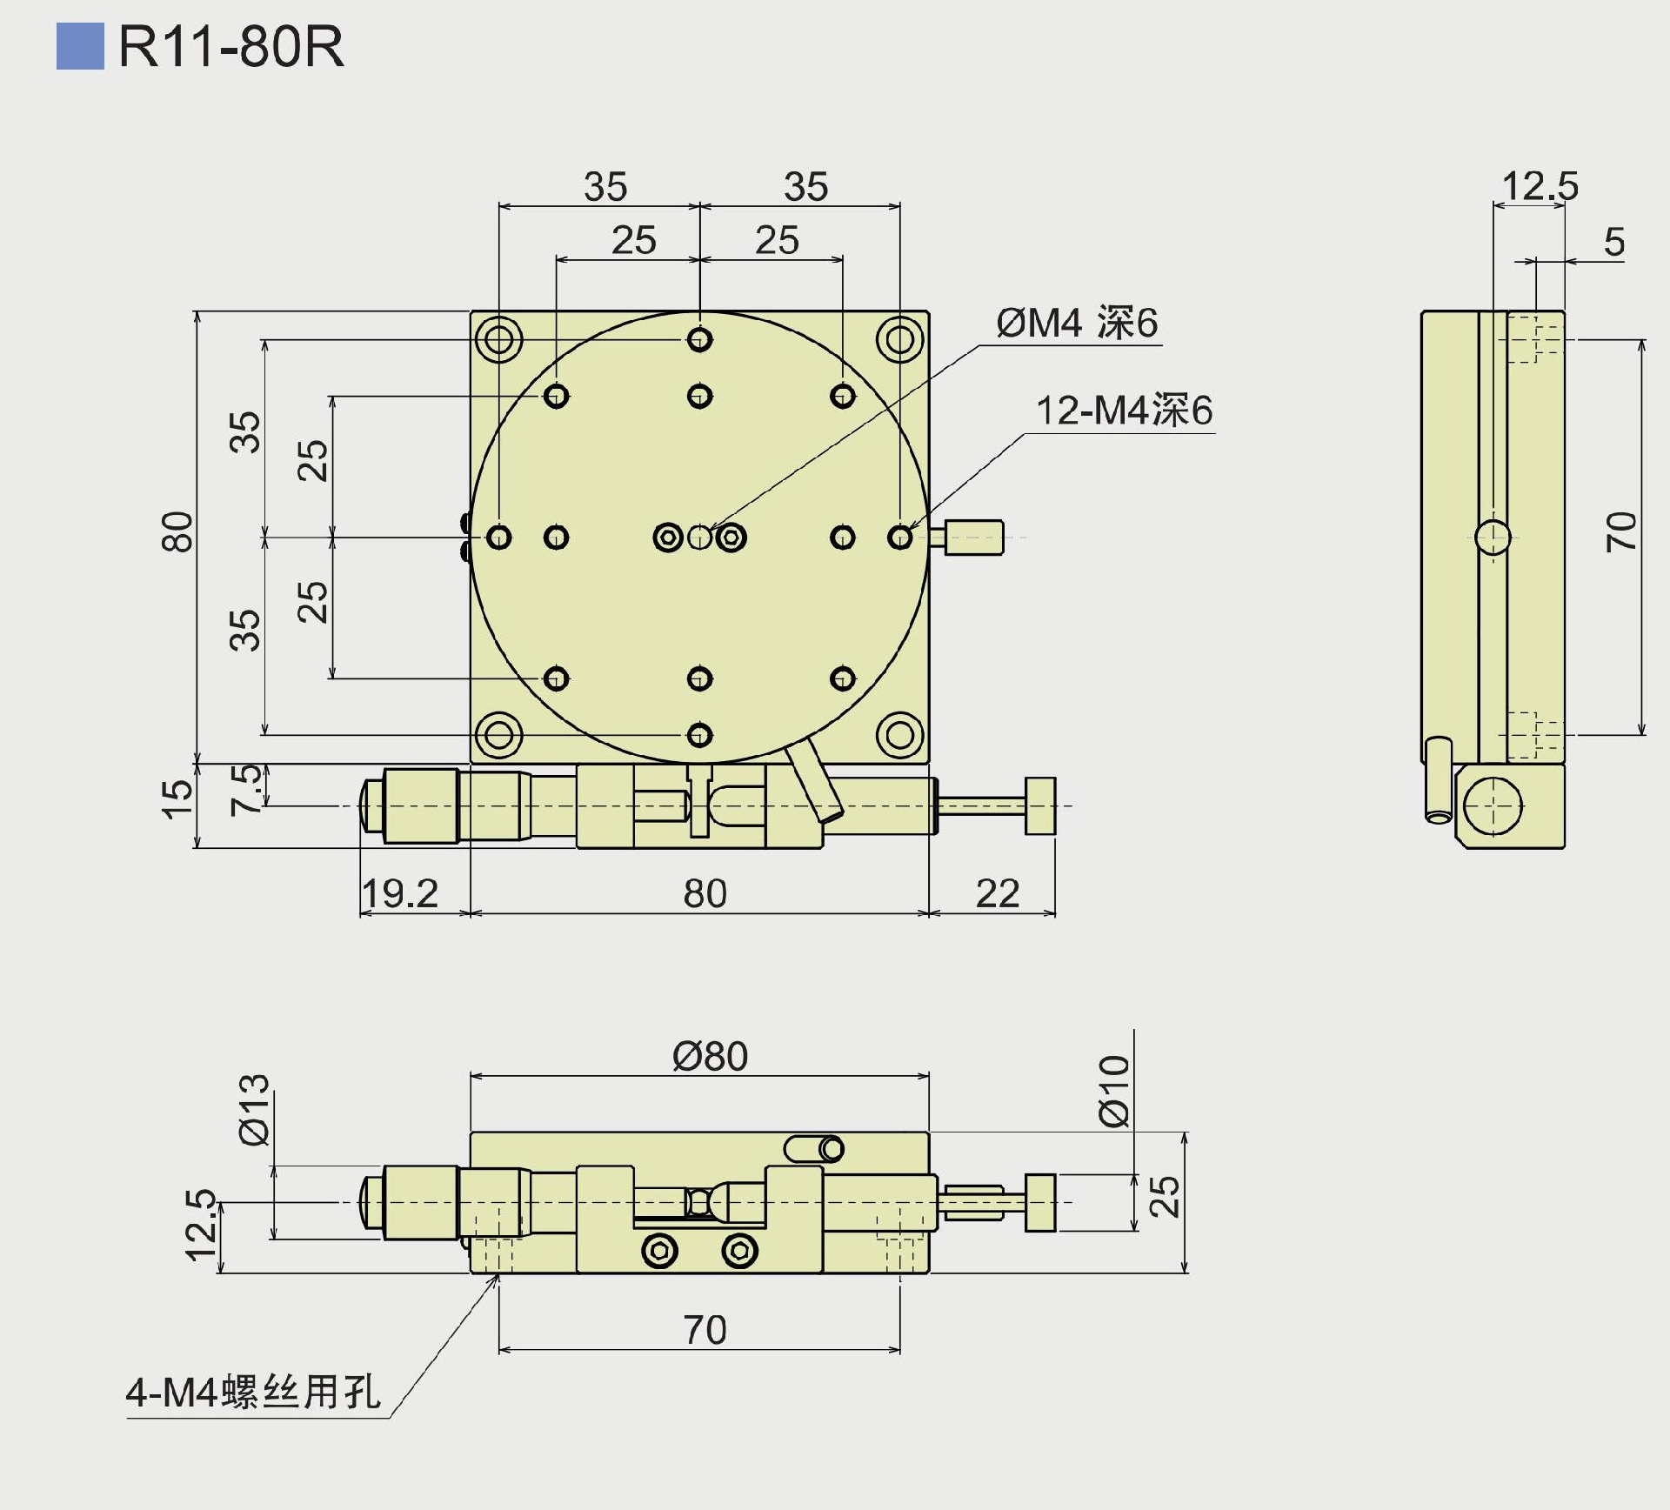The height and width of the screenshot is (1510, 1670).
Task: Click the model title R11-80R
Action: pyautogui.click(x=230, y=46)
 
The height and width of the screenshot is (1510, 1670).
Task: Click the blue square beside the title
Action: pyautogui.click(x=80, y=46)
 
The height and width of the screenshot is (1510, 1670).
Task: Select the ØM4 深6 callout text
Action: pyautogui.click(x=1077, y=324)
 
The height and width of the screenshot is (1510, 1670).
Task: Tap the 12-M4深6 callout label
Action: pyautogui.click(x=1124, y=411)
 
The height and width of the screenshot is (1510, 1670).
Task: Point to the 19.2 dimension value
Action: pyautogui.click(x=400, y=893)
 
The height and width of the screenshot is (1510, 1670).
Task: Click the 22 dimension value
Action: pyautogui.click(x=997, y=893)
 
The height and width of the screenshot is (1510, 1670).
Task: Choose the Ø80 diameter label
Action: pyautogui.click(x=710, y=1056)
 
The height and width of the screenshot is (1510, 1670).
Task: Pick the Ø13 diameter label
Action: pyautogui.click(x=255, y=1109)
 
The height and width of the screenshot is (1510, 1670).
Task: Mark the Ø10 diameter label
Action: pyautogui.click(x=1114, y=1091)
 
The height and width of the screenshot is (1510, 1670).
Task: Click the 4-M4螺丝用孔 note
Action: pyautogui.click(x=252, y=1393)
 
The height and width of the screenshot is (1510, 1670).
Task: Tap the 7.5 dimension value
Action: pyautogui.click(x=246, y=790)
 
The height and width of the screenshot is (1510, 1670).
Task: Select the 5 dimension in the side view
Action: pyautogui.click(x=1613, y=242)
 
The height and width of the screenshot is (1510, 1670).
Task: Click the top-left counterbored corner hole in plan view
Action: pyautogui.click(x=498, y=339)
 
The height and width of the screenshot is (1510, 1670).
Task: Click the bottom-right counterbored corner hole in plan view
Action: pyautogui.click(x=899, y=735)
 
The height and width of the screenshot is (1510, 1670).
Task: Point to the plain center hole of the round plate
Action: pyautogui.click(x=699, y=538)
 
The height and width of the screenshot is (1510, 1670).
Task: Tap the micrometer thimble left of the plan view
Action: pyautogui.click(x=421, y=806)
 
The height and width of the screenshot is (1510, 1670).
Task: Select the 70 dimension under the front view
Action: pyautogui.click(x=704, y=1329)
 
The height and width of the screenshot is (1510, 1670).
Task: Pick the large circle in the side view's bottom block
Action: pyautogui.click(x=1493, y=805)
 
